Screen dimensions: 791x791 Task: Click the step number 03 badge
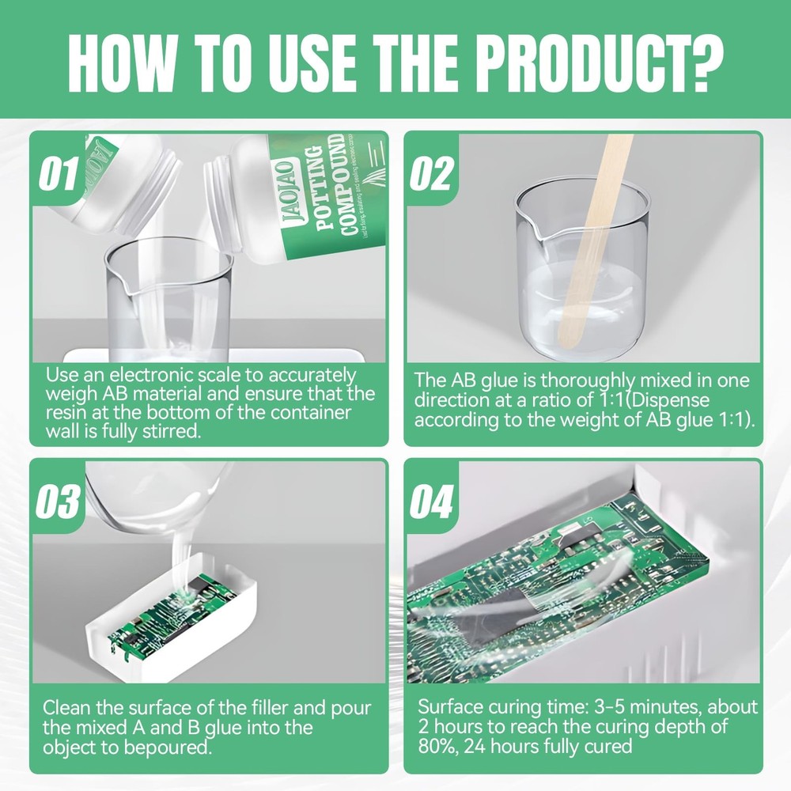click(59, 502)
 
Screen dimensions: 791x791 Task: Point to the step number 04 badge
click(433, 502)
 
